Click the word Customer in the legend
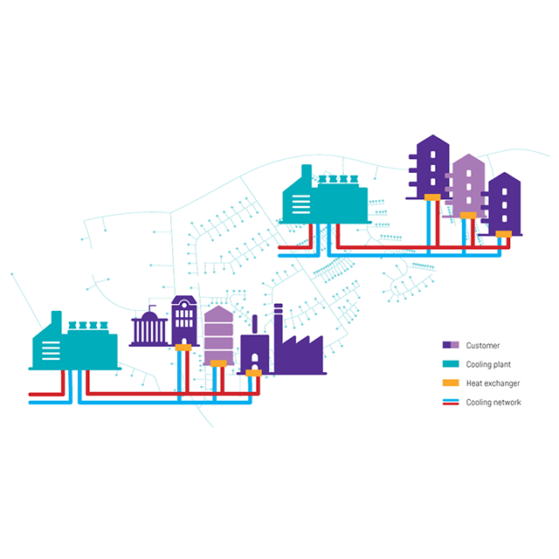[x=482, y=345]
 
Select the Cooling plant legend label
[x=488, y=364]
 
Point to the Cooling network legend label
[x=492, y=402]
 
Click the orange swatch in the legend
[x=451, y=383]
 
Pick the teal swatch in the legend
[x=451, y=364]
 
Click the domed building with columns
[x=149, y=329]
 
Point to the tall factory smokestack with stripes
[x=278, y=332]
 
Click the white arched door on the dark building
[x=254, y=359]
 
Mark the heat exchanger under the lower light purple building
[x=218, y=362]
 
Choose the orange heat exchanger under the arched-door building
[x=253, y=374]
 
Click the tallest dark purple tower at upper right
[x=430, y=166]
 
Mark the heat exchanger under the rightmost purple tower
[x=503, y=233]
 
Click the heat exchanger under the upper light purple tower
[x=469, y=215]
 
